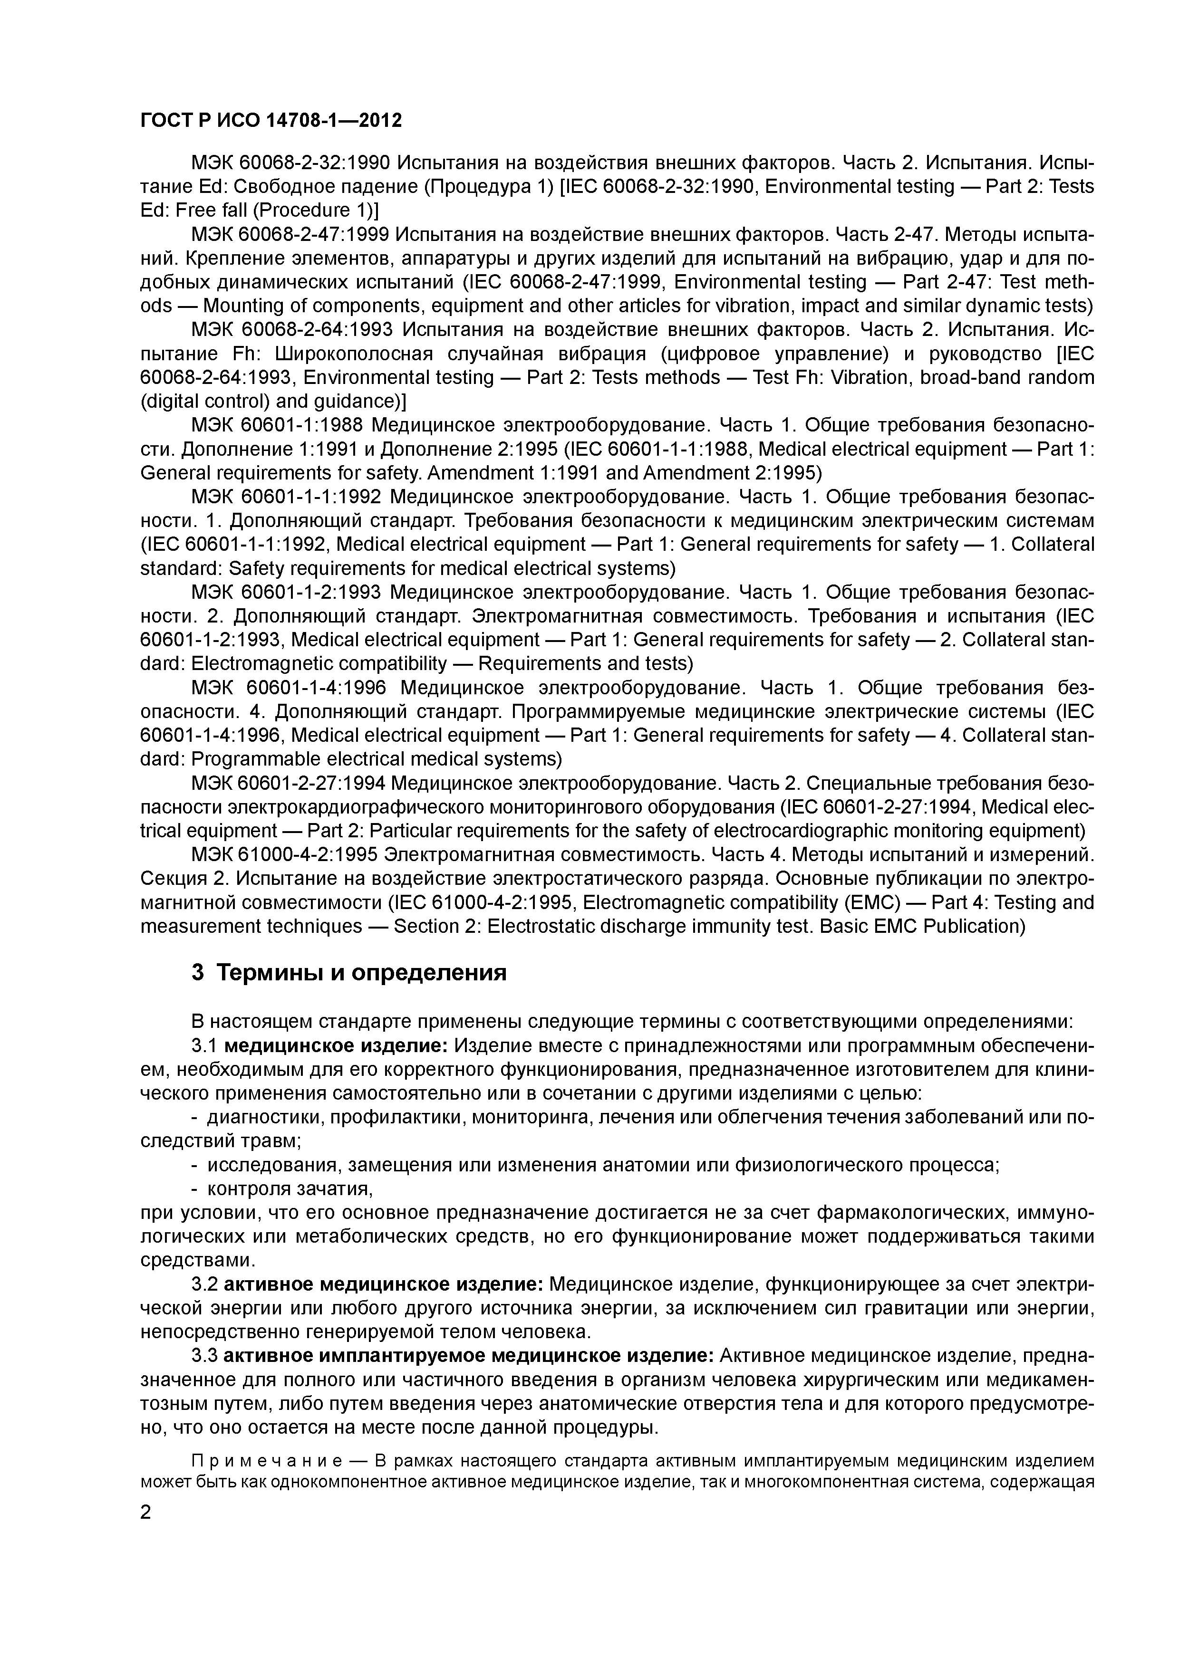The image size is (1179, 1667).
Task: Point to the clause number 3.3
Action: pyautogui.click(x=205, y=1356)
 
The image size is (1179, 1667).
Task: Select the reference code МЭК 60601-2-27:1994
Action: pyautogui.click(x=290, y=784)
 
